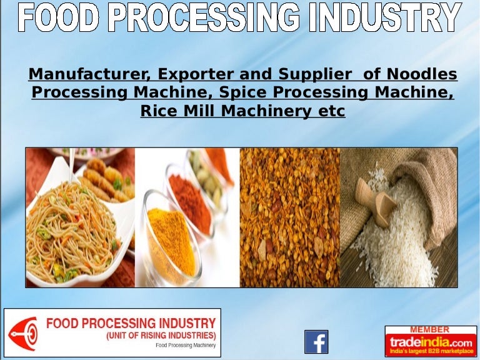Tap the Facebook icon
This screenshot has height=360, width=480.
coord(316,341)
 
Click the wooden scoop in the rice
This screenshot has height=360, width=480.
coord(375,197)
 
